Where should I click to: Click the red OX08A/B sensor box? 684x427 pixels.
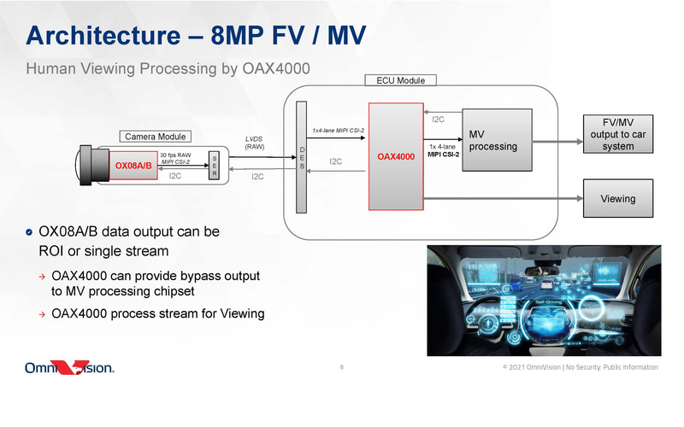(x=133, y=165)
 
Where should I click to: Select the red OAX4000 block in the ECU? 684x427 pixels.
(x=396, y=156)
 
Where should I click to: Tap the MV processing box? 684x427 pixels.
(x=493, y=140)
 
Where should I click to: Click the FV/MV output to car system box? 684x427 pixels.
(x=617, y=134)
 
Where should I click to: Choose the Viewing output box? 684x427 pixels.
(x=617, y=198)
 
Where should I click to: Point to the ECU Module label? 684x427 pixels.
(x=400, y=80)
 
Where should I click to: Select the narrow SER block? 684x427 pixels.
(x=214, y=166)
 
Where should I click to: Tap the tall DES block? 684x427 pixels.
(x=300, y=156)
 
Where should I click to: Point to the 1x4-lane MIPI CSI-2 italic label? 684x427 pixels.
(x=339, y=131)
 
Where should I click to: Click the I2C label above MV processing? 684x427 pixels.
(x=437, y=120)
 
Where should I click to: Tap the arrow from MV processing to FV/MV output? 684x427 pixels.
(x=553, y=134)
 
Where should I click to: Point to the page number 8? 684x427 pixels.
(x=342, y=368)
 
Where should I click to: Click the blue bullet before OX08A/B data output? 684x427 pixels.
(x=30, y=232)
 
